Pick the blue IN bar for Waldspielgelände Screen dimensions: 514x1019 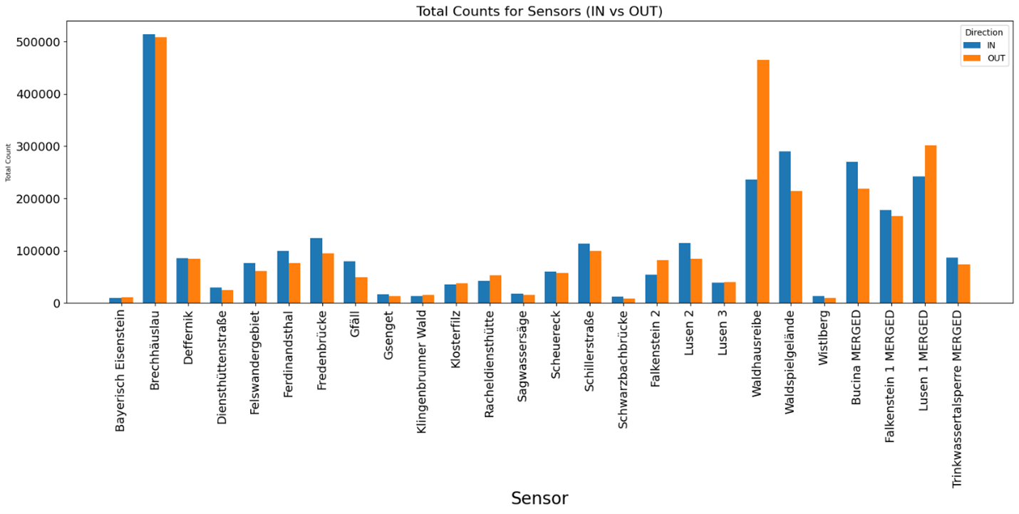pos(785,227)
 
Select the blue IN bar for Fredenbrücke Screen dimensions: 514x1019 pos(316,271)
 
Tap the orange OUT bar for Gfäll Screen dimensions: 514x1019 pos(361,290)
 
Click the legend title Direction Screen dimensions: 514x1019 pos(983,32)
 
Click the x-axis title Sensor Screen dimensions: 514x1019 pos(539,498)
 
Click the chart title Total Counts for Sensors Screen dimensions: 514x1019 pos(539,11)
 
